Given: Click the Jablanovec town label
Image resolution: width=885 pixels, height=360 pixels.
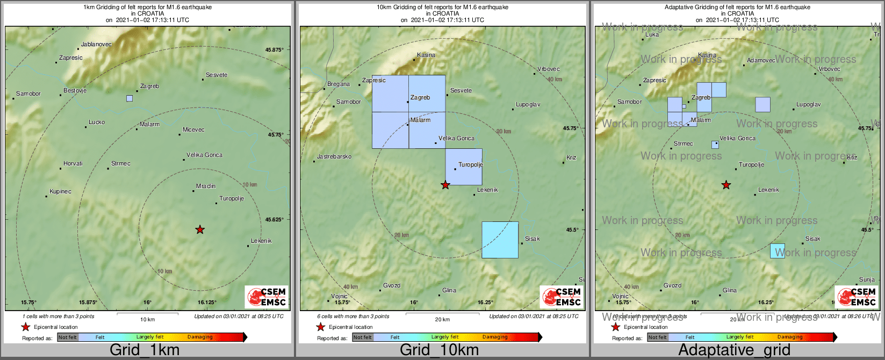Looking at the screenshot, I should (x=96, y=44).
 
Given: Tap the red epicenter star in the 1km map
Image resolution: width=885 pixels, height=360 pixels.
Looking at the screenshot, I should (x=200, y=230).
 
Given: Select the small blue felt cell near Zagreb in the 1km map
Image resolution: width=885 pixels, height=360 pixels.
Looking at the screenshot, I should (x=129, y=98).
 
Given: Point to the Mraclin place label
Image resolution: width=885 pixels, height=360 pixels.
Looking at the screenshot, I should (x=206, y=186).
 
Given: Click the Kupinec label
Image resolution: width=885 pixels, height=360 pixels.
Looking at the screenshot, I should (x=60, y=191).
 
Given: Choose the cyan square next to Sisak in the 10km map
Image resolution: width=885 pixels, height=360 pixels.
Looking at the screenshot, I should (x=500, y=240).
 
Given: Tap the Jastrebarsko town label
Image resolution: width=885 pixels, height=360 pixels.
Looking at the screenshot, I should (x=334, y=156).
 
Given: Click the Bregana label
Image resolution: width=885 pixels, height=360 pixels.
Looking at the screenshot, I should (x=339, y=84).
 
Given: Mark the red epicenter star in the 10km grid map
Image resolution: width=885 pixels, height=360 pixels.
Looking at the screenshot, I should (x=445, y=185).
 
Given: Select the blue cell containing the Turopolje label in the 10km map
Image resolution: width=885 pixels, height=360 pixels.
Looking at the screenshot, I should (x=464, y=167).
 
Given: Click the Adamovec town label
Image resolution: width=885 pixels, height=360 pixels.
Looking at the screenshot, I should (x=761, y=60).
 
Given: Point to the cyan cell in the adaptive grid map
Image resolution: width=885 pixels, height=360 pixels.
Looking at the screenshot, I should (x=778, y=251).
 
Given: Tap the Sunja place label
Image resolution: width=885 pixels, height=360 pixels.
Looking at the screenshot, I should (x=867, y=279).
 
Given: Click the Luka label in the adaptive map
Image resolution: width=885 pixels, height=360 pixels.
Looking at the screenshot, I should (x=652, y=34).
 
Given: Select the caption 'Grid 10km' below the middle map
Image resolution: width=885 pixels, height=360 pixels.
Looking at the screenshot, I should (x=439, y=350).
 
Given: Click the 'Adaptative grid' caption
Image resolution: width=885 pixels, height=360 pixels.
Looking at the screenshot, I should (x=734, y=350).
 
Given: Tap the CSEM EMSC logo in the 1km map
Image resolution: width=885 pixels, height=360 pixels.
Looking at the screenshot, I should (x=267, y=297).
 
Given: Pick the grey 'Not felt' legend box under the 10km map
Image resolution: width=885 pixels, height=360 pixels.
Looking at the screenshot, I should (x=363, y=337).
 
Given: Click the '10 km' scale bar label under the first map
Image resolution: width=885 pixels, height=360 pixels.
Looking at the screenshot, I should (x=147, y=319).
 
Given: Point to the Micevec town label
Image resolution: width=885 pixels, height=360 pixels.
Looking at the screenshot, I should (x=193, y=129).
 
